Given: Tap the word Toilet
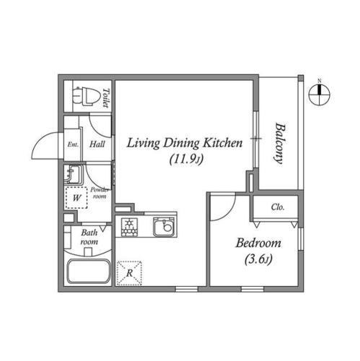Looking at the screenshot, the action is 106,97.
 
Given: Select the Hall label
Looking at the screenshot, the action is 97,144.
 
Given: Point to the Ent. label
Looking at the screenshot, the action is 73,144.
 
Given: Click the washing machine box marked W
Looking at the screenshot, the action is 76,198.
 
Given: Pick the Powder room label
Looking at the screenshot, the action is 100,193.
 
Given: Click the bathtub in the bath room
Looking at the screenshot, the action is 88,271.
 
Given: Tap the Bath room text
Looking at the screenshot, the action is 89,237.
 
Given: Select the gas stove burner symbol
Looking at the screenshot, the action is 130,227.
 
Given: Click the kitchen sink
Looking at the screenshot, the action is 164,227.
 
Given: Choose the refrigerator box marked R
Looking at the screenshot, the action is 129,273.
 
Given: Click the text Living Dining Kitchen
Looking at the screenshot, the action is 185,143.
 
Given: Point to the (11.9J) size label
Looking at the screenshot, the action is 186,160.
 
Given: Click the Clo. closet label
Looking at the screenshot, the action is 278,206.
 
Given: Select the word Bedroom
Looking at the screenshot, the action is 258,243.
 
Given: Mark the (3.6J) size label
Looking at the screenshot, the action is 258,259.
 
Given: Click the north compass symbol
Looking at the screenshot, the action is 320,95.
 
